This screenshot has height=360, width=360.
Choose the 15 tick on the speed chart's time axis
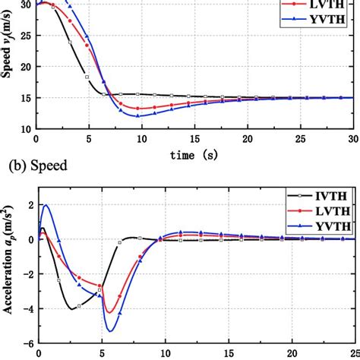click(x=194, y=140)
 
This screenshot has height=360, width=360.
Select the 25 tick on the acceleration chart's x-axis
click(x=351, y=354)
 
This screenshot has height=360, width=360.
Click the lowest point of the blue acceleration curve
click(x=111, y=330)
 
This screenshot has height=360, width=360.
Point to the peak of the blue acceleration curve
click(x=46, y=205)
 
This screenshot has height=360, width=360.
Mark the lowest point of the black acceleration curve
click(x=72, y=308)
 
